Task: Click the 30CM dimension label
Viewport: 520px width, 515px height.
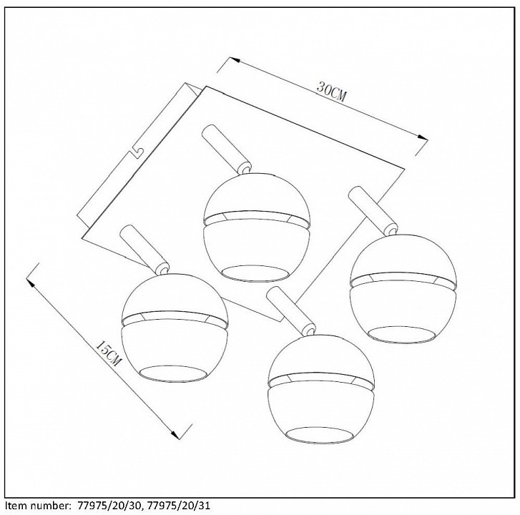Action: click(x=331, y=91)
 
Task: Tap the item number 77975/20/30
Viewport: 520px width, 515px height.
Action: click(x=109, y=506)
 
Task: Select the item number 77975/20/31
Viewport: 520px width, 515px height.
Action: click(x=178, y=506)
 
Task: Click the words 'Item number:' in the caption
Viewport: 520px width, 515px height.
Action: click(x=36, y=506)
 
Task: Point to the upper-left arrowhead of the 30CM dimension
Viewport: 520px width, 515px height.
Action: click(x=235, y=60)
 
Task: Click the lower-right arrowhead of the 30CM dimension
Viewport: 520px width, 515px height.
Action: click(x=423, y=137)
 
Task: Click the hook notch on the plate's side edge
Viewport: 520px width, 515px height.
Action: click(x=137, y=152)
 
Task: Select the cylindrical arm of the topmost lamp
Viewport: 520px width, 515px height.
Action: click(x=226, y=149)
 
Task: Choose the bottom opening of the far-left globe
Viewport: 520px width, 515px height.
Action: click(x=176, y=373)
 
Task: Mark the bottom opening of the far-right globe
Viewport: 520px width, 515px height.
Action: click(x=402, y=335)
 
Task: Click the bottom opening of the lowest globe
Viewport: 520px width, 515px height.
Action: click(x=321, y=435)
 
